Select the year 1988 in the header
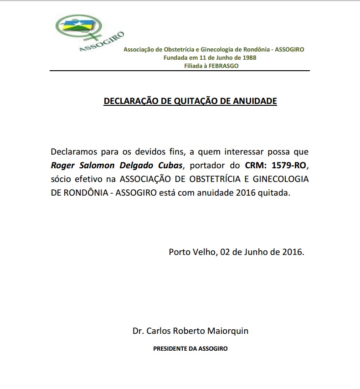pos(249,57)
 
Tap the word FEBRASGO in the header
pos(223,66)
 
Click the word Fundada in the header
pos(175,57)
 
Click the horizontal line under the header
pos(180,71)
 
